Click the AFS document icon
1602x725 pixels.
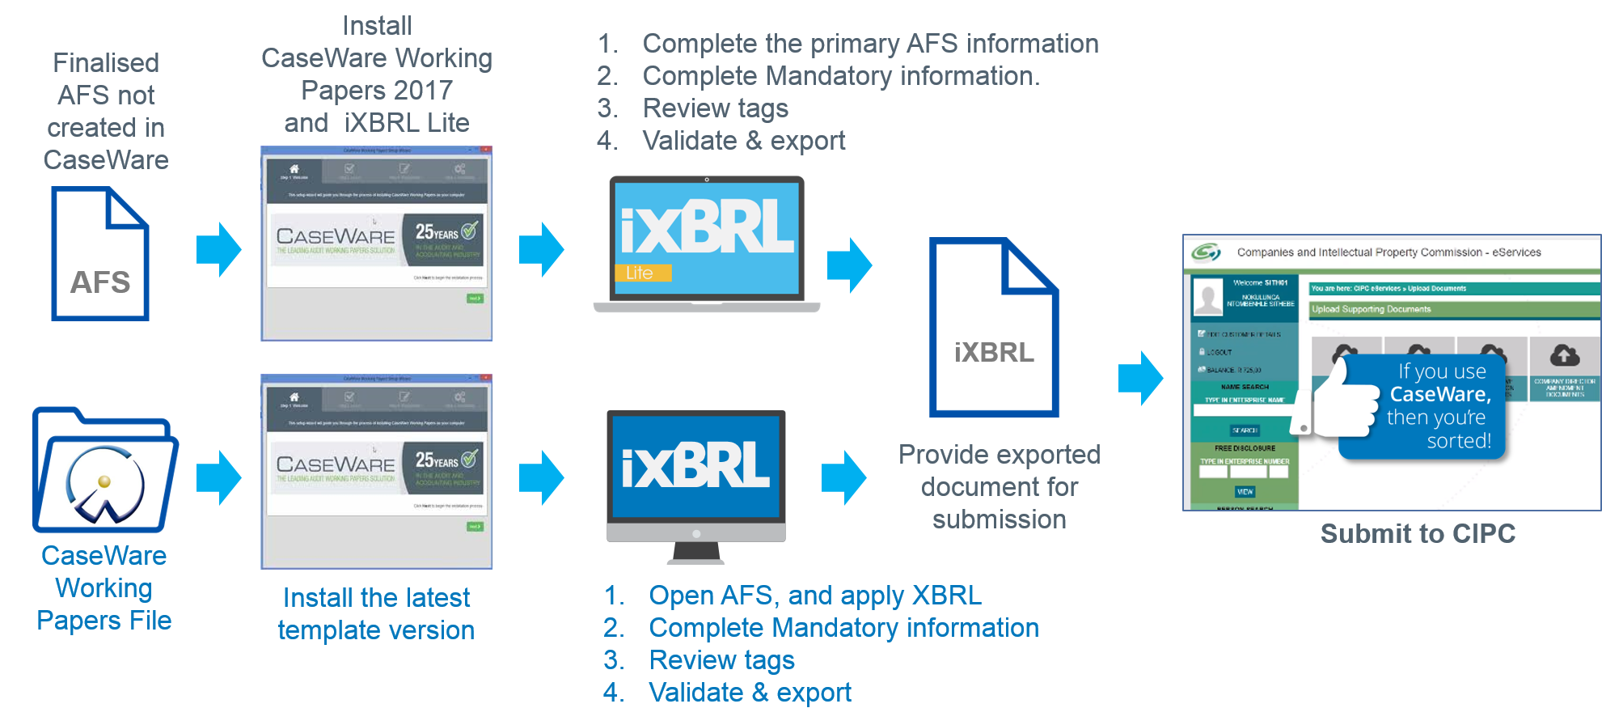pos(100,253)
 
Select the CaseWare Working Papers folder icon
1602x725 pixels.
pos(104,472)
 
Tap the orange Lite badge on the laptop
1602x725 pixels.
pos(643,273)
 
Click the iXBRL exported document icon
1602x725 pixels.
pos(994,328)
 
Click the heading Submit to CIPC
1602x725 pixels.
pos(1418,534)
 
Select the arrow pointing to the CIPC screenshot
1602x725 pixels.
pos(1140,378)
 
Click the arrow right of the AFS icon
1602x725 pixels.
pos(219,249)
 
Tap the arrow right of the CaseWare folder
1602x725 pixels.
pos(219,477)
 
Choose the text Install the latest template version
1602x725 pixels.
pos(376,613)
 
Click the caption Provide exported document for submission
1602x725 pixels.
pos(999,486)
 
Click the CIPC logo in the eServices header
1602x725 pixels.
pos(1206,252)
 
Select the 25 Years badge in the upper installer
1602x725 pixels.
pos(446,233)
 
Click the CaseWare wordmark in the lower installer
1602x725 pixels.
pos(336,464)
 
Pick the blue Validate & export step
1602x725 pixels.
pos(750,693)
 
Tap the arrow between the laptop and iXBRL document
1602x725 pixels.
pos(849,265)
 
